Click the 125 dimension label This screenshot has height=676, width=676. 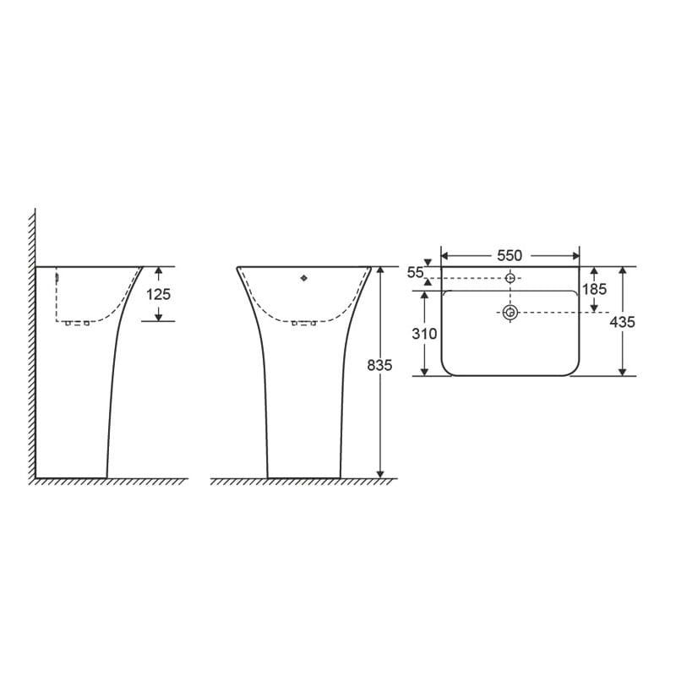[158, 294]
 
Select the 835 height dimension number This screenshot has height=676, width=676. [380, 365]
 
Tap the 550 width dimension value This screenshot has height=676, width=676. [510, 255]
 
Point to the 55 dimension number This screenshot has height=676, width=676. [415, 272]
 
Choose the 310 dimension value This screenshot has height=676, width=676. [424, 334]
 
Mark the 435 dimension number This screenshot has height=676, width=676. [623, 322]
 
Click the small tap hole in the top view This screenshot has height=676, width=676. [510, 278]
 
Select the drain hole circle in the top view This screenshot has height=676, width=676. [510, 313]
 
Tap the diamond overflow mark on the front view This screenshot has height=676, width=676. [304, 277]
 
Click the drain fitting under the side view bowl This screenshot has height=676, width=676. [77, 323]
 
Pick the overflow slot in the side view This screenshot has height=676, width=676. [57, 276]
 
